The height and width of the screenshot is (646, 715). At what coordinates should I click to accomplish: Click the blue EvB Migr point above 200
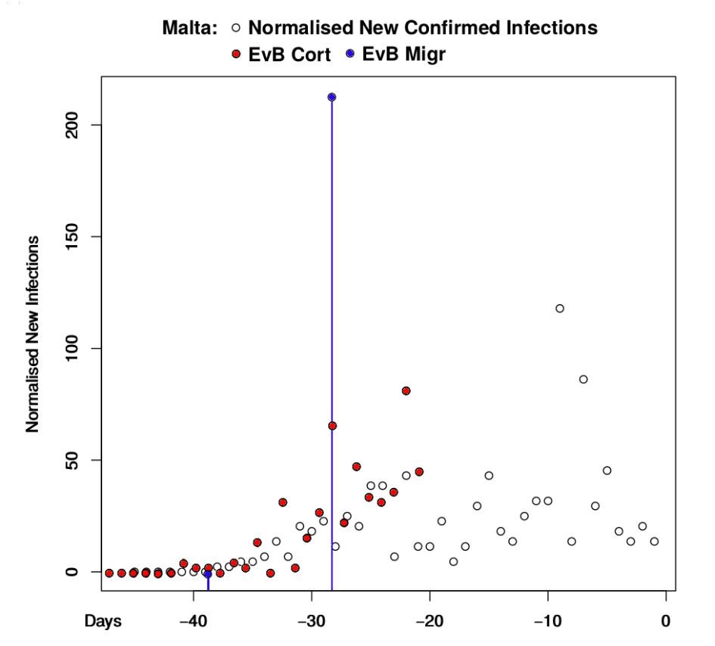tap(331, 97)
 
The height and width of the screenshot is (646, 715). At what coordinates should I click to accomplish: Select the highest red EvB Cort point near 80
tap(406, 390)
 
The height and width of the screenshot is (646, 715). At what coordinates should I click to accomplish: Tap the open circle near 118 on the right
tap(559, 309)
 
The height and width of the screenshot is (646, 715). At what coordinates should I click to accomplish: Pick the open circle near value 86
tap(583, 379)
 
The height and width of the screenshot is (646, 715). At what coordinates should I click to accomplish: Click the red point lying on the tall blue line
tap(332, 426)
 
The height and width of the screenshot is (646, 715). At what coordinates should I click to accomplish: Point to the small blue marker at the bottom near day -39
tap(208, 575)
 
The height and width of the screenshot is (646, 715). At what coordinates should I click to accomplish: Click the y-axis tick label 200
tap(72, 125)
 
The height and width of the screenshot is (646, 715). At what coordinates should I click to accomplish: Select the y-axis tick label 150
tap(72, 237)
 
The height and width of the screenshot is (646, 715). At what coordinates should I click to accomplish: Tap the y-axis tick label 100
tap(72, 348)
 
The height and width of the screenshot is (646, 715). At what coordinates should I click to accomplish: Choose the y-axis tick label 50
tap(72, 460)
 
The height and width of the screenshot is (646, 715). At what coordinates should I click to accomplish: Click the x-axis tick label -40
tap(194, 621)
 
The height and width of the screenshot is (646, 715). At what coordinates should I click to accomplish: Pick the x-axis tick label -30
tap(312, 621)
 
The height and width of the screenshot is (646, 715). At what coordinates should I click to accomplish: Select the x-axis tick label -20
tap(430, 621)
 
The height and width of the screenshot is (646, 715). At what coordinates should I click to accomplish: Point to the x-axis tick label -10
tap(548, 621)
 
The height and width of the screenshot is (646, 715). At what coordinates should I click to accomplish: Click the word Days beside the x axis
tap(103, 621)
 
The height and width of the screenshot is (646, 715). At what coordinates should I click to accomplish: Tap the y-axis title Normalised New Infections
tap(33, 334)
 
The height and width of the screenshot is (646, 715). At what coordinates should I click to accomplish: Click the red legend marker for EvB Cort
tap(236, 54)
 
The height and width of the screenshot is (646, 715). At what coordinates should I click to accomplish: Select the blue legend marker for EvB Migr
tap(350, 54)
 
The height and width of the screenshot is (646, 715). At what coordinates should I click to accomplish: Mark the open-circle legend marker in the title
tap(236, 28)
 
